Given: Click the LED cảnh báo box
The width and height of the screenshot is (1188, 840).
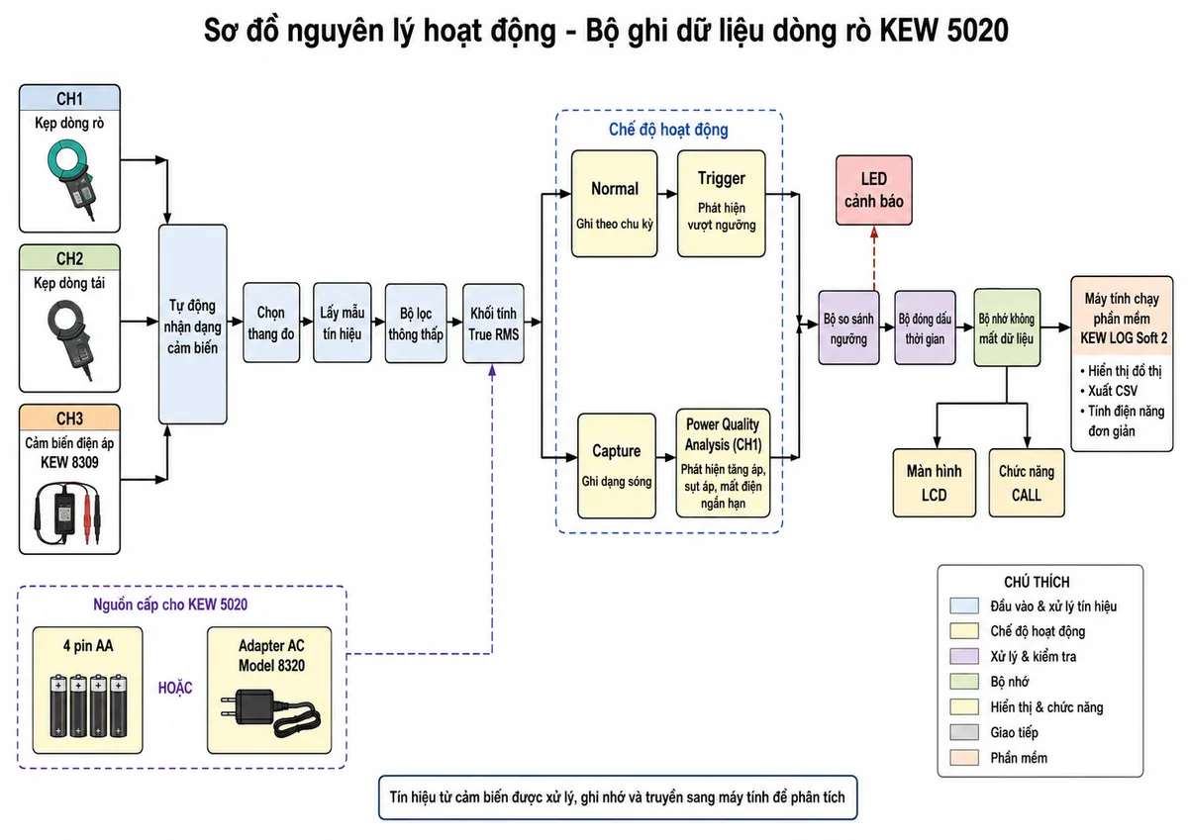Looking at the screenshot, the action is [873, 190].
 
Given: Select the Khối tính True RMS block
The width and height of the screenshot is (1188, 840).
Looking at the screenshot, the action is [493, 324].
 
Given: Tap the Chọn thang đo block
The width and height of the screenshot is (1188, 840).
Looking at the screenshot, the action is [271, 323].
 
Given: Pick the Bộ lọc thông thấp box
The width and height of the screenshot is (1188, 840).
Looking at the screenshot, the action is [416, 324].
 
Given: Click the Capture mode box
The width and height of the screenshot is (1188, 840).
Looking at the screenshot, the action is [616, 466].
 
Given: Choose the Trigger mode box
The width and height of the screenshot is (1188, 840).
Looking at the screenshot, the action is [722, 204].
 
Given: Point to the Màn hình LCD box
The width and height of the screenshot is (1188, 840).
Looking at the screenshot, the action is [934, 483].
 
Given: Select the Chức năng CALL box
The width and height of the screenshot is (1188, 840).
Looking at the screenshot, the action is [1027, 483].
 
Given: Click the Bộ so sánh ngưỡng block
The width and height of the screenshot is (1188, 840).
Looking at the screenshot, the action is [848, 327].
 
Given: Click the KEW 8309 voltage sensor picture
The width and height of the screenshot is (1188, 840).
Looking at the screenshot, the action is [68, 513].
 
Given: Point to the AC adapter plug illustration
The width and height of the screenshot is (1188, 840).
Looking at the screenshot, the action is [270, 713].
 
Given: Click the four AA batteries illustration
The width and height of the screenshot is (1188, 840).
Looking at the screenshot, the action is [88, 705].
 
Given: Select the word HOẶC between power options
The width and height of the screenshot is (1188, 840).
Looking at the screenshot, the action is [175, 688].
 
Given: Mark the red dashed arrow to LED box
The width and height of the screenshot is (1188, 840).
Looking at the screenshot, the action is [874, 258].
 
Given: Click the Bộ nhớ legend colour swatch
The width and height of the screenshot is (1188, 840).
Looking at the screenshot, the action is [964, 682].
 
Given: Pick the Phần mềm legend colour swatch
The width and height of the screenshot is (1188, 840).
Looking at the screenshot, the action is [964, 758].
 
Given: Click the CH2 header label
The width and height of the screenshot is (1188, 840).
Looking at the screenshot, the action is [69, 258].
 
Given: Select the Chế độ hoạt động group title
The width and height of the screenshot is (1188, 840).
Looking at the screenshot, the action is [668, 130].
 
